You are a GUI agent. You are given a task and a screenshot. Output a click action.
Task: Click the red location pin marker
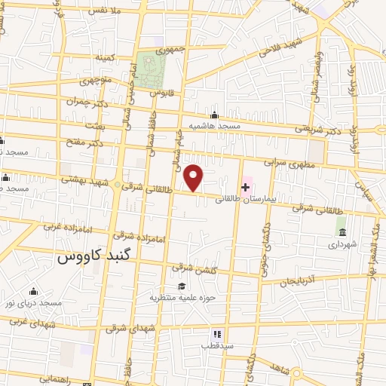tap(195, 177)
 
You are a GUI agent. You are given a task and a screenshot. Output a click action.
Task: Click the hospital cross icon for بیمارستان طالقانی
tap(246, 187)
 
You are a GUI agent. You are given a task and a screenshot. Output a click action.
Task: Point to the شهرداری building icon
tap(342, 231)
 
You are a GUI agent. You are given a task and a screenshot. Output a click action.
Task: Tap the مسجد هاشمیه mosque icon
tap(215, 115)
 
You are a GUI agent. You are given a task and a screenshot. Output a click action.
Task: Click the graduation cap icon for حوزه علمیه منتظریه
tap(181, 286)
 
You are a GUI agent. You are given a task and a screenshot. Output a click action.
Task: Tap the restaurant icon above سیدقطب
tap(216, 333)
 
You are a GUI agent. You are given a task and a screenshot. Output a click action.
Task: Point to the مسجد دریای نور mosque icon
tap(32, 292)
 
